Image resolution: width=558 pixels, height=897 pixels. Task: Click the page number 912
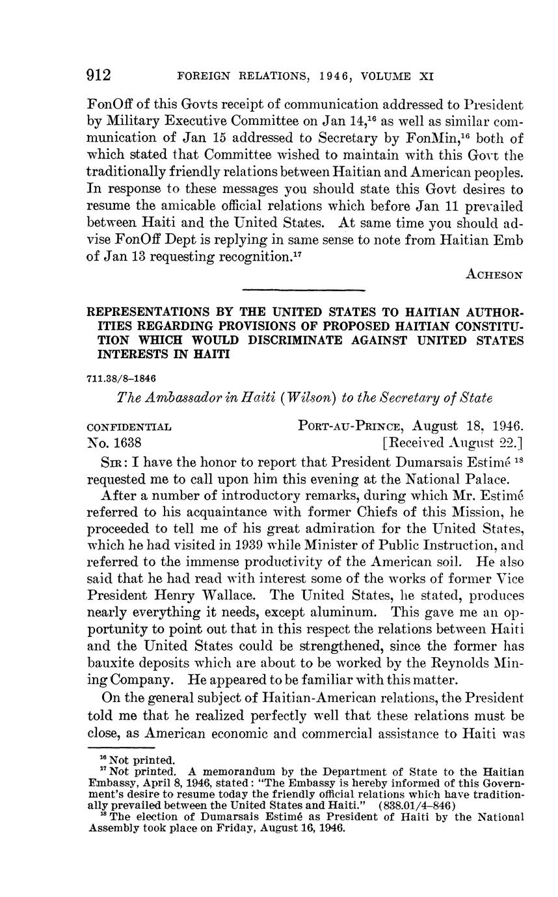100,75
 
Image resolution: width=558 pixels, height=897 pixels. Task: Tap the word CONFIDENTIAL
129,428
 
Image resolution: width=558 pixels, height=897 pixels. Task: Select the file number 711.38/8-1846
122,378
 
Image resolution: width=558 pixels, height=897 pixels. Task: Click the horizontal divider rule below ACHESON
303,291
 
